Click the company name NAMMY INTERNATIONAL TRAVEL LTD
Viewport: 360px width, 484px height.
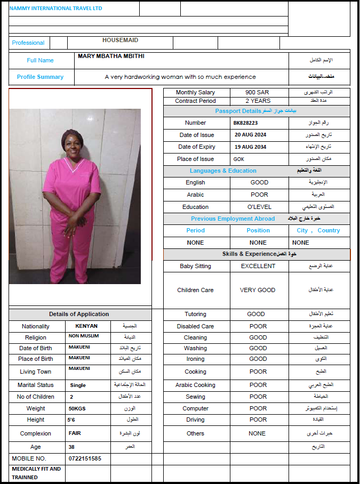pyautogui.click(x=55, y=9)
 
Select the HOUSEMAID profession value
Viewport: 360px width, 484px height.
pyautogui.click(x=121, y=40)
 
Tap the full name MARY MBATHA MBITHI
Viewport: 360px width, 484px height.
pyautogui.click(x=111, y=56)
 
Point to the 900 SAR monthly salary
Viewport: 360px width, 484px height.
pyautogui.click(x=257, y=93)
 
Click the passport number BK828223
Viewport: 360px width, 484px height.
pyautogui.click(x=245, y=123)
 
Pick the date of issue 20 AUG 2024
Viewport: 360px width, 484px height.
pyautogui.click(x=250, y=135)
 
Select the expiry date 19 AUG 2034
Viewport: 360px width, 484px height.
pyautogui.click(x=250, y=147)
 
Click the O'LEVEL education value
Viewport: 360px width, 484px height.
pyautogui.click(x=259, y=207)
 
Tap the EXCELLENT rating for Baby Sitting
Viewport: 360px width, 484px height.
pyautogui.click(x=258, y=266)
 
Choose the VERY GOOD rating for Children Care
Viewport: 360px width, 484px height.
pyautogui.click(x=258, y=290)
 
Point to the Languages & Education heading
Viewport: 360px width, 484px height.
pyautogui.click(x=223, y=171)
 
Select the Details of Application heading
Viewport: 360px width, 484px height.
pyautogui.click(x=79, y=314)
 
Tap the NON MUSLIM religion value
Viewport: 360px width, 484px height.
pyautogui.click(x=84, y=336)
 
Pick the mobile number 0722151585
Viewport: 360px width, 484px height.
pyautogui.click(x=85, y=458)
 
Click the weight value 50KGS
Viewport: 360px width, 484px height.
pyautogui.click(x=77, y=408)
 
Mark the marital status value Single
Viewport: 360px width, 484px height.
pyautogui.click(x=78, y=385)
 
